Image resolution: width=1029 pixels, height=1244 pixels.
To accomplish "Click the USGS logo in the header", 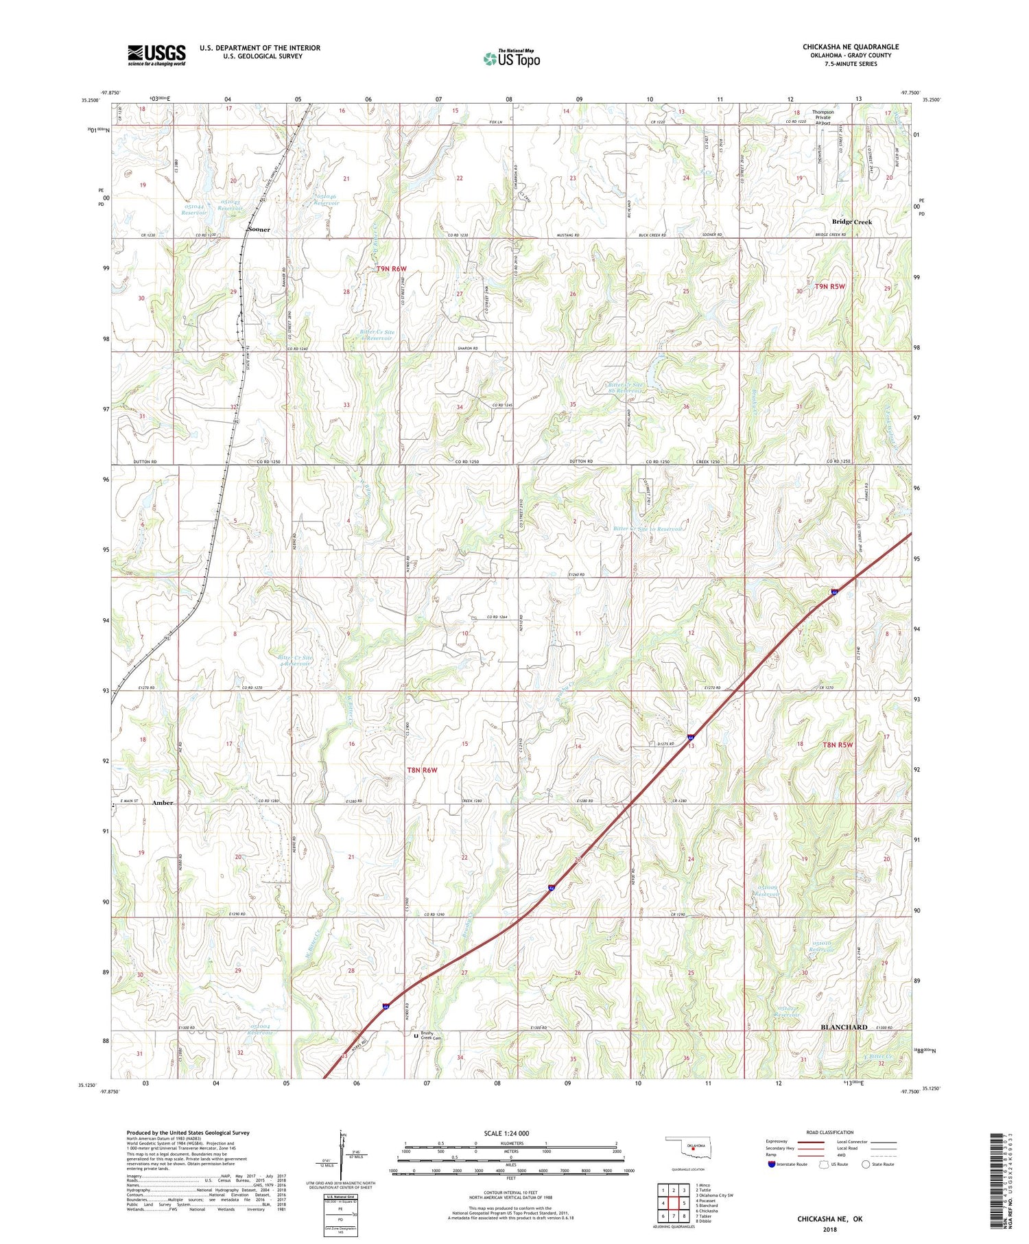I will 156,55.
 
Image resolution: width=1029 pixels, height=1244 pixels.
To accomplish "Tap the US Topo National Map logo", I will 512,58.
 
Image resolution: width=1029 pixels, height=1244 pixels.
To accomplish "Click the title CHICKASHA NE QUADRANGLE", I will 850,47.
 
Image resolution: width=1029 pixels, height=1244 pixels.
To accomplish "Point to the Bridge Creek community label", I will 851,222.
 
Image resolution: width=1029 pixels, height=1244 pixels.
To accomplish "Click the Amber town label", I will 163,802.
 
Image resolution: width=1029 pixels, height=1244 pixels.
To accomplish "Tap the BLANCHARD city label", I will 844,1026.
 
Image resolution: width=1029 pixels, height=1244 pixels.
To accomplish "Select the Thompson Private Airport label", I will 823,117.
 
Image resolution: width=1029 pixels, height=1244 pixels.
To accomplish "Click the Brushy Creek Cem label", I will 431,1036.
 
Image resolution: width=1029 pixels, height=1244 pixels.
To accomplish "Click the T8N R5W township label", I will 838,744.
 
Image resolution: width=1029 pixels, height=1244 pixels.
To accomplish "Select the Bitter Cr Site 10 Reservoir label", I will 648,529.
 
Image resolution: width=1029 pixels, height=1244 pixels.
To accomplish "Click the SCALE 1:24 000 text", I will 510,1133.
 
